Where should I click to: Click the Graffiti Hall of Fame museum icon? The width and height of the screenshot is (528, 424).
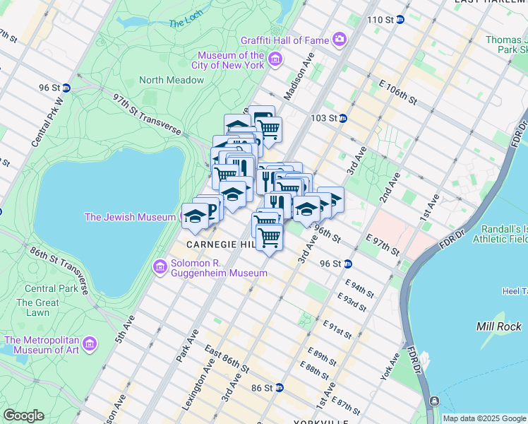(x=340, y=40)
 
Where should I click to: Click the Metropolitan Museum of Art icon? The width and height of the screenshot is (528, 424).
(x=90, y=344)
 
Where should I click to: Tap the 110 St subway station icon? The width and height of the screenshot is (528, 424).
(x=400, y=19)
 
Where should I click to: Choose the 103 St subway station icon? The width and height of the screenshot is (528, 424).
(x=342, y=118)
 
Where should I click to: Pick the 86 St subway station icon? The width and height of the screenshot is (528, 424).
(x=280, y=387)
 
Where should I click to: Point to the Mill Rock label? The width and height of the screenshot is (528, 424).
(x=499, y=326)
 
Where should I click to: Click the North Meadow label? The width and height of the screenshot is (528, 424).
(x=172, y=80)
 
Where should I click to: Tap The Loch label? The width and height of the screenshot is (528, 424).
(x=186, y=23)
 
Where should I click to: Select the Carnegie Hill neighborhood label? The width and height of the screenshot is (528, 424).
(x=220, y=244)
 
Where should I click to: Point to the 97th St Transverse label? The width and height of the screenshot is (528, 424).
(x=147, y=114)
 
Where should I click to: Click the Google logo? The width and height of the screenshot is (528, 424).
(x=23, y=416)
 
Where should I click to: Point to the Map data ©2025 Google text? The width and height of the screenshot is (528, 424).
(x=483, y=418)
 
